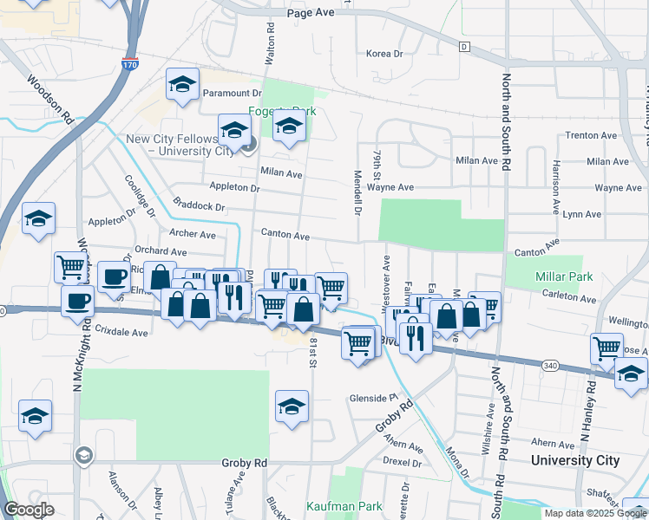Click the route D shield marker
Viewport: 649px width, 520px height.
point(464,46)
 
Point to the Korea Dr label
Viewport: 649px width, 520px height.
point(385,54)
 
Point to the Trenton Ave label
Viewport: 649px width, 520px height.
point(590,136)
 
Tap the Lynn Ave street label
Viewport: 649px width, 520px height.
point(582,214)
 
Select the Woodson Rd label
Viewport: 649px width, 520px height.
point(49,104)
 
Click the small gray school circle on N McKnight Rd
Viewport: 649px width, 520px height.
point(83,455)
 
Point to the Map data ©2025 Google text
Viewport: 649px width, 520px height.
point(595,513)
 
